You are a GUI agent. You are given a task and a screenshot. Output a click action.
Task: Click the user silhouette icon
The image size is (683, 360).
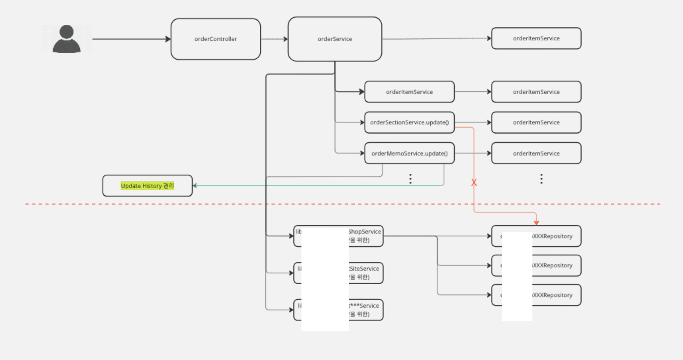67,39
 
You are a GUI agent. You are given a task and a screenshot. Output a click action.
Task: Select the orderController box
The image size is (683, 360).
215,39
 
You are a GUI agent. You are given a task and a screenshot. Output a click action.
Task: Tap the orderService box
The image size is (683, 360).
335,39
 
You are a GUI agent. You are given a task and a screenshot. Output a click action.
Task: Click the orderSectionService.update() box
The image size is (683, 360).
409,122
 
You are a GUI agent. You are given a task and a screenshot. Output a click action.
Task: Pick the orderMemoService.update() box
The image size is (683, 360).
409,153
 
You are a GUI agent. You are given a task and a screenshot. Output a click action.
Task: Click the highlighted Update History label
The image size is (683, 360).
147,186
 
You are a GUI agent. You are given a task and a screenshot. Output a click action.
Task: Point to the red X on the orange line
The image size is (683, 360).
474,182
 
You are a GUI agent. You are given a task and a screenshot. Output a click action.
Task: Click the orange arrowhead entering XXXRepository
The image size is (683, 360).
536,223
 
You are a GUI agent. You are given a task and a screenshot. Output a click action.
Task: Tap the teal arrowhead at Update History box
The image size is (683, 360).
195,186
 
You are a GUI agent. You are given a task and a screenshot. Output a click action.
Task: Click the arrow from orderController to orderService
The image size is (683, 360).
274,39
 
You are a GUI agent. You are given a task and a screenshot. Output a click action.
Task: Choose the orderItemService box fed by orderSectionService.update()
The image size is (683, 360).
536,122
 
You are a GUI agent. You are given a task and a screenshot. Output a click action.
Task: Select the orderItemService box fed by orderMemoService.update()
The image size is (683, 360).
536,153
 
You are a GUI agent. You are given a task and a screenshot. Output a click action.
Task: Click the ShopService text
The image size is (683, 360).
365,232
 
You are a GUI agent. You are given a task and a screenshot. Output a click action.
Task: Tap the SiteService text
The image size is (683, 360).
364,269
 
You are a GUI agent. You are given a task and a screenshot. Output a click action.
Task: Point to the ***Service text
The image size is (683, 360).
364,306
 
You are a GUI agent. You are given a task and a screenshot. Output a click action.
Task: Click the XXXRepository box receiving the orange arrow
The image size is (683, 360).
556,236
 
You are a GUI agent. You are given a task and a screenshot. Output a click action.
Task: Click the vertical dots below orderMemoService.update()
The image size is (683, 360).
410,179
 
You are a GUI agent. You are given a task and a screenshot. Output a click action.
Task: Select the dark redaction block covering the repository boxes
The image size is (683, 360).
517,276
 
